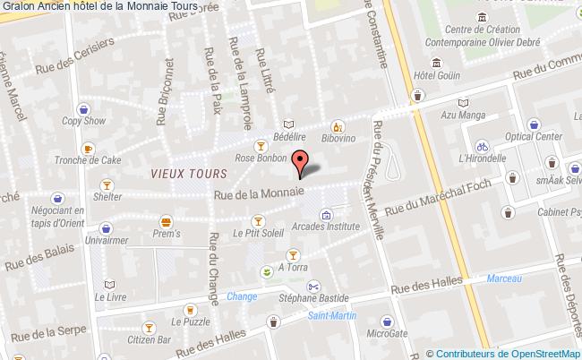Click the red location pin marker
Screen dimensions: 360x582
(x=301, y=162)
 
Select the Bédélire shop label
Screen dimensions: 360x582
(x=290, y=139)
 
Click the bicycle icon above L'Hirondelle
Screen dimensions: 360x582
(x=482, y=145)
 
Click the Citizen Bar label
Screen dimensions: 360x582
(x=152, y=339)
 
